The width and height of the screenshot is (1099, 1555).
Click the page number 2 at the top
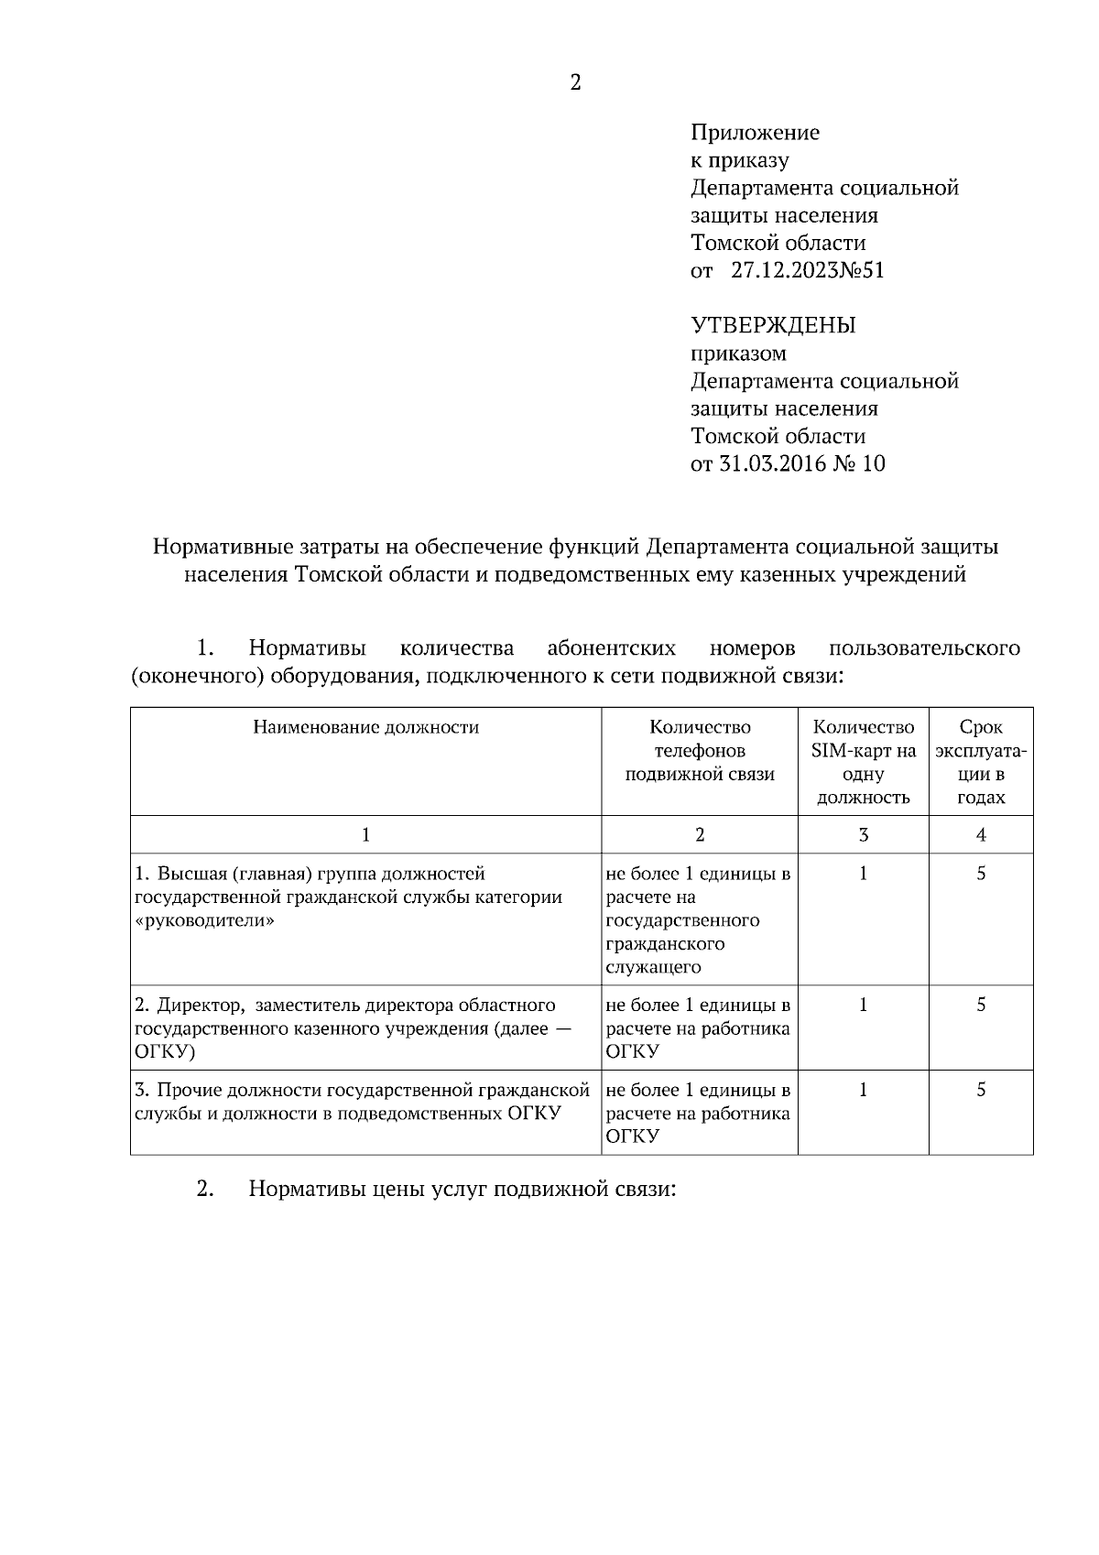tap(575, 83)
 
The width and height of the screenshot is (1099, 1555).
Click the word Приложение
tap(755, 133)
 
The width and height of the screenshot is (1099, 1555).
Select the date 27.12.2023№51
tap(807, 270)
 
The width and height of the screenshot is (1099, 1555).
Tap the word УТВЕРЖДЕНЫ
tap(772, 325)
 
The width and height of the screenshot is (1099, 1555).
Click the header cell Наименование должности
tap(365, 728)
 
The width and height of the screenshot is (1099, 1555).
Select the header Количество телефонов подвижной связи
tap(700, 751)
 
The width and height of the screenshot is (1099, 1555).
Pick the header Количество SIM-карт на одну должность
tap(863, 762)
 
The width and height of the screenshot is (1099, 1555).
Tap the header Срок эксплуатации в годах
tap(981, 762)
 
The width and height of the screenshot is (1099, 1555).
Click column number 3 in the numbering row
tap(863, 834)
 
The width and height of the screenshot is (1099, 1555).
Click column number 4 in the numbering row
tap(981, 834)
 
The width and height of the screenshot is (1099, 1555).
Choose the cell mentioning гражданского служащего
tap(699, 919)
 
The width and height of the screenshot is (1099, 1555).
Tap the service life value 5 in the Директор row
tap(981, 1005)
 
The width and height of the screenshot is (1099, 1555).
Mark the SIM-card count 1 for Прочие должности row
tap(863, 1090)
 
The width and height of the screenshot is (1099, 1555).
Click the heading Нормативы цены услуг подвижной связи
tap(462, 1190)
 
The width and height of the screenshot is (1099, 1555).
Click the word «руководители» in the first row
tap(204, 921)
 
